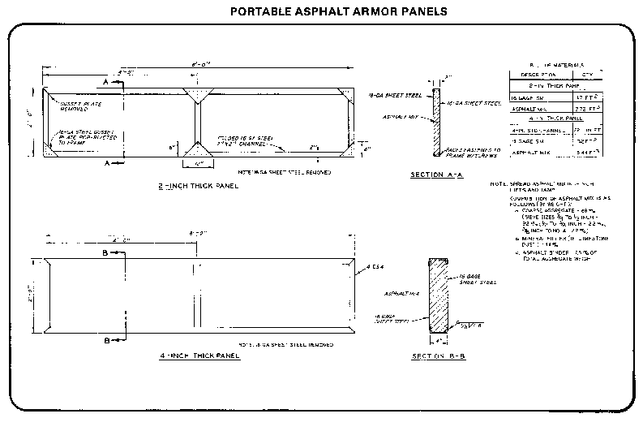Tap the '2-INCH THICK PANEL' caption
[198, 185]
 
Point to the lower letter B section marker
[106, 341]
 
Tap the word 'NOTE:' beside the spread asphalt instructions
[498, 183]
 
